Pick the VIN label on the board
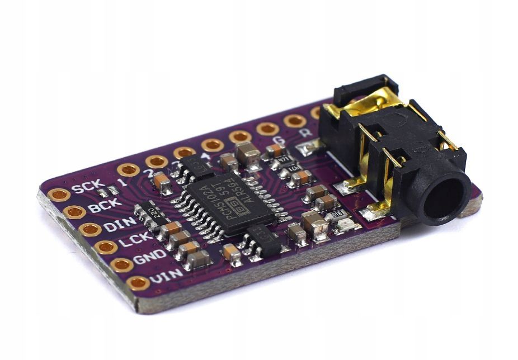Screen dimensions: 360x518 tap(166, 274)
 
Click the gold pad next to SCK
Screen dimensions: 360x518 tap(59, 195)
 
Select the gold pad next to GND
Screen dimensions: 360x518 tap(121, 264)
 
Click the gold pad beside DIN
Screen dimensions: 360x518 tap(90, 230)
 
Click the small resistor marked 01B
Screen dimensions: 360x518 tap(336, 213)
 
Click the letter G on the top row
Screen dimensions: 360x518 tap(276, 141)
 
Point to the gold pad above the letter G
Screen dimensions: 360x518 tap(267, 129)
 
